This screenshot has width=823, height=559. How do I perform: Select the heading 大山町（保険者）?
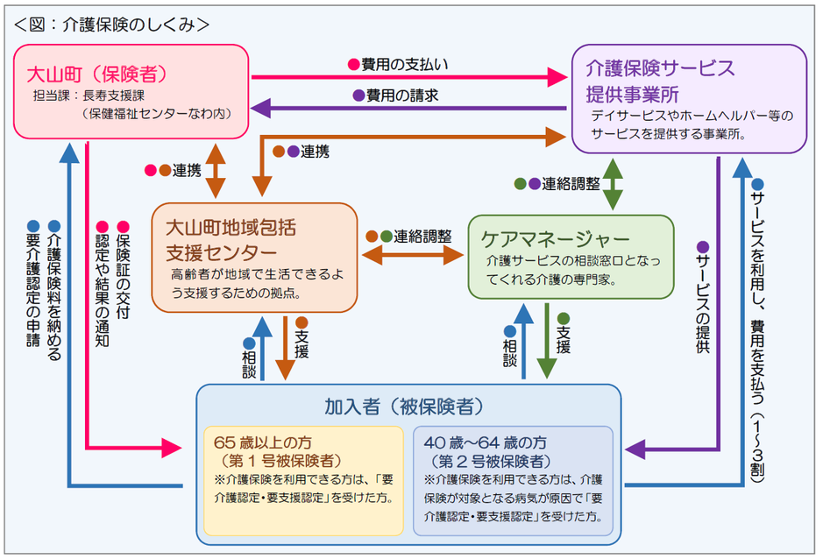[97, 69]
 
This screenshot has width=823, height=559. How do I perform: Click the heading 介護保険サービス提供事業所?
[662, 80]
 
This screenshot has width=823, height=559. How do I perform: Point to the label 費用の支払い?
[404, 64]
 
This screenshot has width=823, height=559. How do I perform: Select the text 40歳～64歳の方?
[485, 442]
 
